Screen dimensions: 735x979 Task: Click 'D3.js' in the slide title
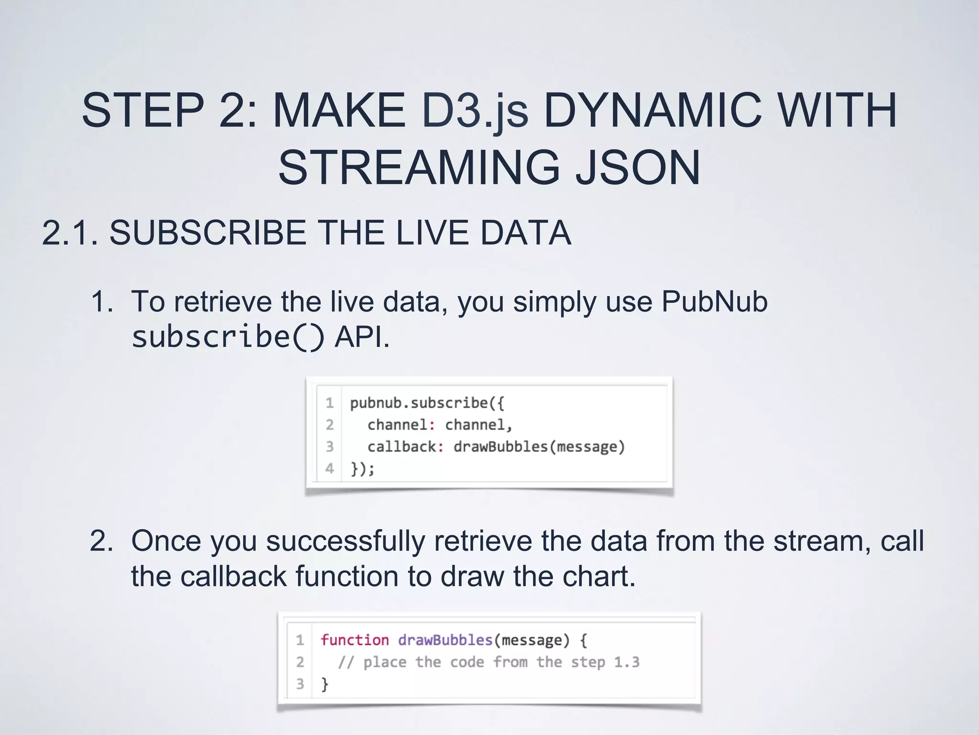point(475,111)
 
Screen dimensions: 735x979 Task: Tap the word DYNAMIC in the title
point(653,111)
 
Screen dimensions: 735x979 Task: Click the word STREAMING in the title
point(419,167)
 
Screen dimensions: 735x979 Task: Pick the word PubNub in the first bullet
point(714,301)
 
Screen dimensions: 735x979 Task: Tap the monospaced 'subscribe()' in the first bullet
point(228,336)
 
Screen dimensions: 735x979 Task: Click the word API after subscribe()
point(361,336)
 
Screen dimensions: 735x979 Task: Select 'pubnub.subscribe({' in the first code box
point(427,403)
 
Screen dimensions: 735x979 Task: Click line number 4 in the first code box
point(330,468)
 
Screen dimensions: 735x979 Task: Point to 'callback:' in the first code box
point(405,446)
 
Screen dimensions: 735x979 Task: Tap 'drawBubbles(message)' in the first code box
point(539,446)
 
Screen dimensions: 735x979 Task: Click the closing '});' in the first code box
point(362,468)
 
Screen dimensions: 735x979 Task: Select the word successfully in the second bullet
point(345,541)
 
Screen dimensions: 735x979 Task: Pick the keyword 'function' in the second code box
point(354,640)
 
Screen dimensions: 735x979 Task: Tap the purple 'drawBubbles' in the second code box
point(445,640)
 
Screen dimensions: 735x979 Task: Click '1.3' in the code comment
point(627,662)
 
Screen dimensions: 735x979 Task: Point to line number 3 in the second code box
point(300,684)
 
